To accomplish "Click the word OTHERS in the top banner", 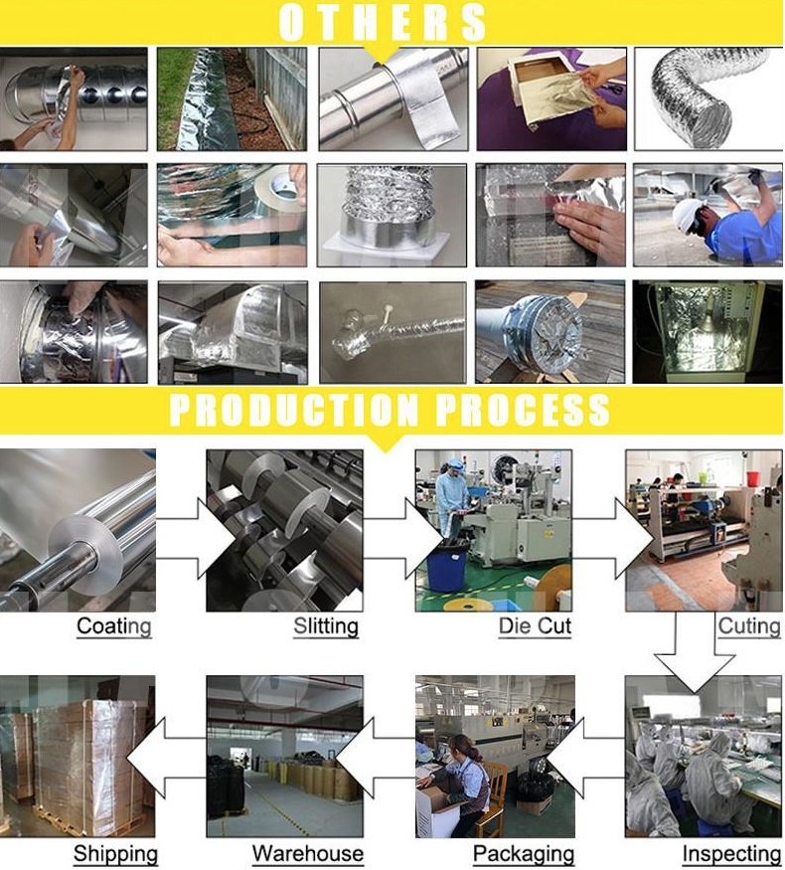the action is (x=383, y=22).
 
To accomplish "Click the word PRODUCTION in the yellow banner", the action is (x=294, y=410).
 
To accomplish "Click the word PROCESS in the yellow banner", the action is (x=523, y=410).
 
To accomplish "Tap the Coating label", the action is (x=113, y=626).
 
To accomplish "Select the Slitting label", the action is (x=326, y=626).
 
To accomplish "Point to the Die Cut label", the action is (x=535, y=625).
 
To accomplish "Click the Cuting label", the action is (x=749, y=626).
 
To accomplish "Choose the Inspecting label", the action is (x=731, y=854).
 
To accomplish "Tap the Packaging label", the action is (x=524, y=854).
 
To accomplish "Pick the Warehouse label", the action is (x=308, y=853).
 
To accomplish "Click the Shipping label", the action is (x=115, y=854).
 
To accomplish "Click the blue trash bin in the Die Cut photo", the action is (x=447, y=567).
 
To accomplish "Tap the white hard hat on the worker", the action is (x=687, y=217).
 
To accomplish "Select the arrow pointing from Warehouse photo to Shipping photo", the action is (x=166, y=758).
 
